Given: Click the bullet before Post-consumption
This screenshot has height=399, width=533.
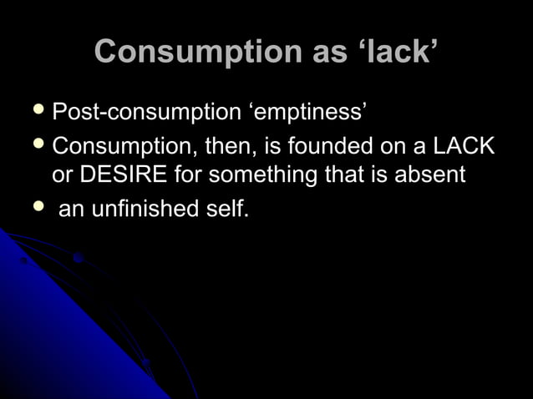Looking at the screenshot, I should (34, 110).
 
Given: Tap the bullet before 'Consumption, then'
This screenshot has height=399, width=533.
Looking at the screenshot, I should (34, 147).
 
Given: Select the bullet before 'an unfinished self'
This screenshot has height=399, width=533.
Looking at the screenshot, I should (34, 208).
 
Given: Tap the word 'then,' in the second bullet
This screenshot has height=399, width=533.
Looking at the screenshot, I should (226, 148).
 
